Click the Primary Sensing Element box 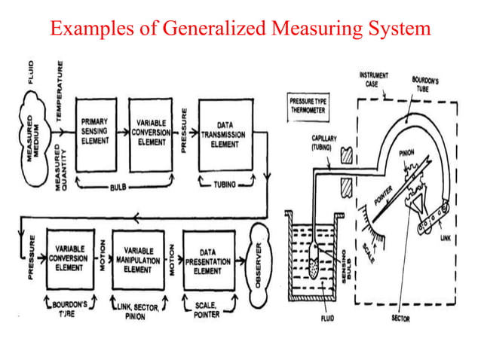tap(97, 127)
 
